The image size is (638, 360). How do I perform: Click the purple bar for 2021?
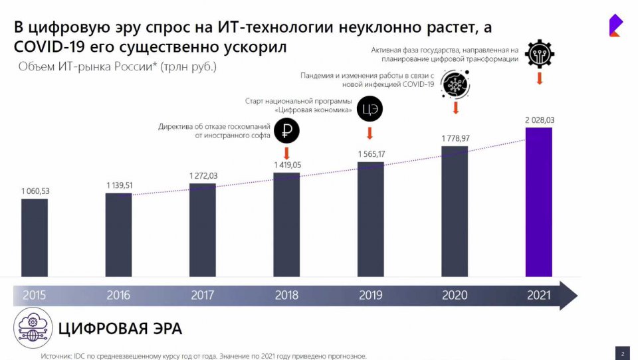[539, 201]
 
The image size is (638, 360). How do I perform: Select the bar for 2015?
[35, 237]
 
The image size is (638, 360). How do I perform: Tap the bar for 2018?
[286, 224]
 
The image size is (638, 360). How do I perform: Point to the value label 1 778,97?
[455, 138]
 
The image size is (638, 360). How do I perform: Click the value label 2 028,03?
[539, 120]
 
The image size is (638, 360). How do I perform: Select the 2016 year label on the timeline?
[118, 296]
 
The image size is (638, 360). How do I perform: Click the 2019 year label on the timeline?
[370, 296]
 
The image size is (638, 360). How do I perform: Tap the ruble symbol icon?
[288, 130]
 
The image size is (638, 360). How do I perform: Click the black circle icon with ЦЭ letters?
[370, 109]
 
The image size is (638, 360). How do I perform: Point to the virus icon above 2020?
[456, 86]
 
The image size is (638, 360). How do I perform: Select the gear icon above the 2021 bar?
[539, 53]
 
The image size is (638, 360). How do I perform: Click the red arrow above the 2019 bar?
[370, 134]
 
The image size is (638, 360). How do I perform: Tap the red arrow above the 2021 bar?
[539, 78]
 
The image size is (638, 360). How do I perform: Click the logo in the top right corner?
[615, 26]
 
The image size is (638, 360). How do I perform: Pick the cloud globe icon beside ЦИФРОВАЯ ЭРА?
[32, 329]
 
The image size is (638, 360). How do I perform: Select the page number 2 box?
[623, 353]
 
